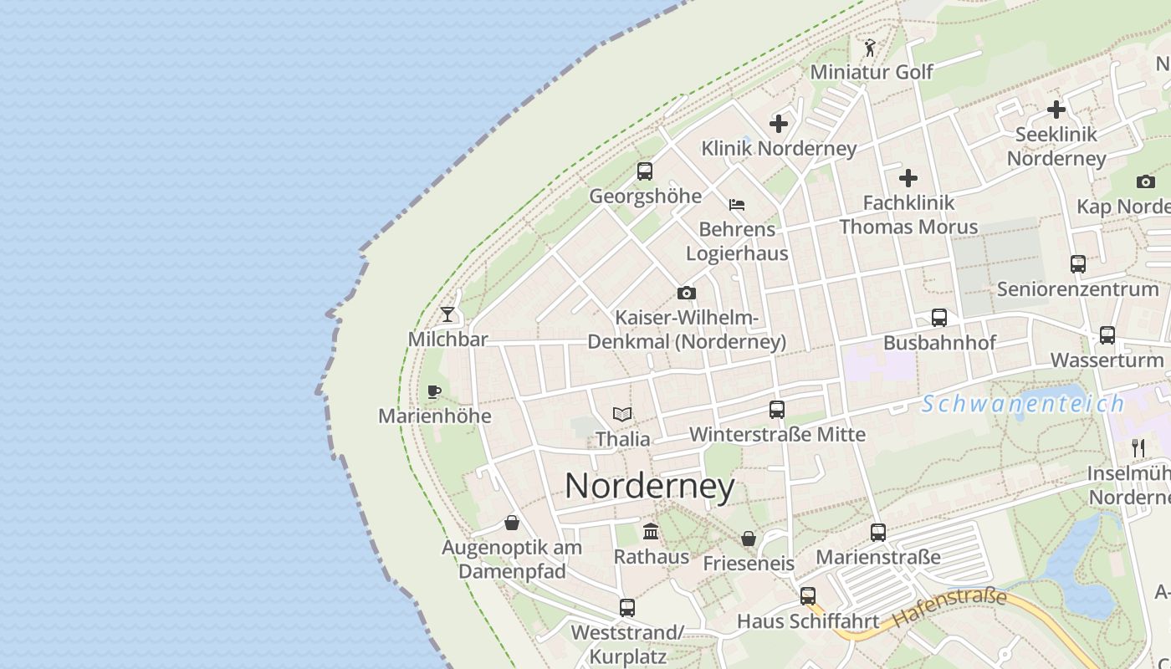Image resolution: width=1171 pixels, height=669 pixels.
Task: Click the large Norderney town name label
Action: (x=650, y=486)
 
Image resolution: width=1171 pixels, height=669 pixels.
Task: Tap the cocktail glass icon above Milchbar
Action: (x=447, y=314)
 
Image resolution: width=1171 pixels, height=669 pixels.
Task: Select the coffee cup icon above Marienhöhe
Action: (x=433, y=391)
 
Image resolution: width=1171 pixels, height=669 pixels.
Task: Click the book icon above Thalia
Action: (x=622, y=414)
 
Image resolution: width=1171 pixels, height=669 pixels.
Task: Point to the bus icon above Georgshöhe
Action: (x=645, y=171)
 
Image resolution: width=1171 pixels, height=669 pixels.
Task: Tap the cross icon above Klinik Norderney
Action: (x=779, y=124)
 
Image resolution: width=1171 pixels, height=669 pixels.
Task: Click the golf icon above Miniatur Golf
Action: (x=870, y=48)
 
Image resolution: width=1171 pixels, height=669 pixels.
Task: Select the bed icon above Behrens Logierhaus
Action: (x=737, y=204)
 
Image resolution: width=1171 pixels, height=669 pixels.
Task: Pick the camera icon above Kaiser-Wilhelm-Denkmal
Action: (x=687, y=293)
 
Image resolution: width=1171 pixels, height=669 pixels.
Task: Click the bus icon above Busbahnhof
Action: (x=939, y=318)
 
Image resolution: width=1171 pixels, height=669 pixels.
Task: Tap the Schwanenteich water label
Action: (x=1023, y=404)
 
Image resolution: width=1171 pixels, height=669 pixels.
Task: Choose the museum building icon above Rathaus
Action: (x=651, y=532)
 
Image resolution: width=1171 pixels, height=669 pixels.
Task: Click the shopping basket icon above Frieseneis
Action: (x=749, y=539)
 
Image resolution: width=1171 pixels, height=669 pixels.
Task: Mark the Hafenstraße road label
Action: (x=949, y=608)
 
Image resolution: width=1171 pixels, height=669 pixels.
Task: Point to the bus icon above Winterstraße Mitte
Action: (x=777, y=410)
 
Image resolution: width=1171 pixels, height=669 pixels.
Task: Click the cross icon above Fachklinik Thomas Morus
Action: (x=908, y=178)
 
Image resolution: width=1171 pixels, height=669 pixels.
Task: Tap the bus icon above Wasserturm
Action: (x=1107, y=335)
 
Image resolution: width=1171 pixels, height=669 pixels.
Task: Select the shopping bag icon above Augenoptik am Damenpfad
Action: (x=512, y=523)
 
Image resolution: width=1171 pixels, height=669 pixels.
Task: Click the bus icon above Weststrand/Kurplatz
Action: (x=627, y=608)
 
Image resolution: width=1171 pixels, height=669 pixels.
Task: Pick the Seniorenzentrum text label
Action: (x=1077, y=289)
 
